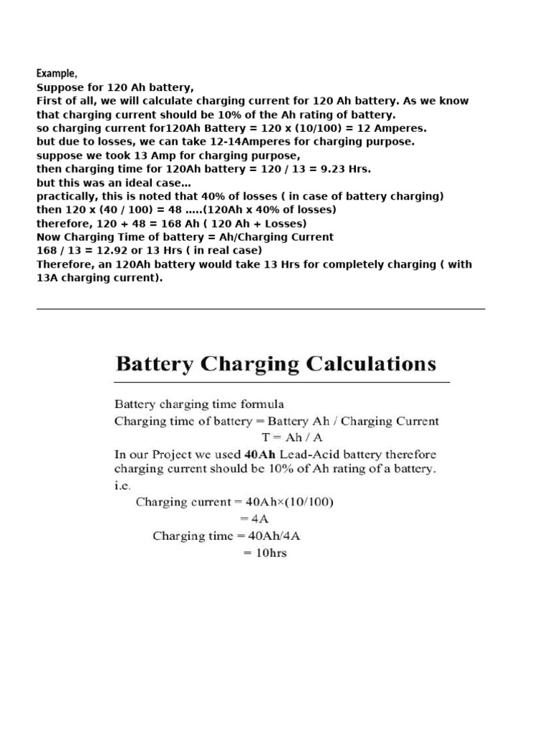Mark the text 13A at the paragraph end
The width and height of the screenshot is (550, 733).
(48, 278)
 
